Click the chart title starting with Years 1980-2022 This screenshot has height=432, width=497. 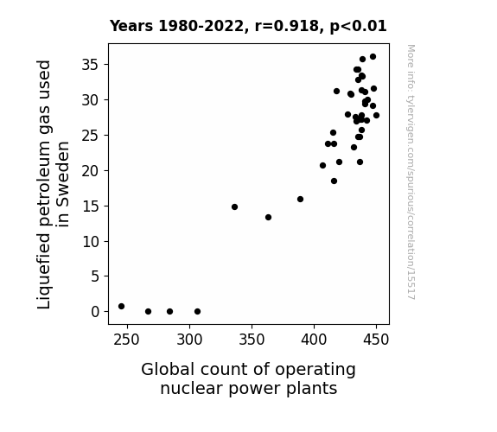pyautogui.click(x=248, y=26)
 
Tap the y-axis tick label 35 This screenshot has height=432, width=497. pyautogui.click(x=91, y=65)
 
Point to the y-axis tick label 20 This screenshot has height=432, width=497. pyautogui.click(x=91, y=171)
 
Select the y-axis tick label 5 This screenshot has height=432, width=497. pyautogui.click(x=95, y=276)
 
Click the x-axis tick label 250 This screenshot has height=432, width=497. pyautogui.click(x=127, y=340)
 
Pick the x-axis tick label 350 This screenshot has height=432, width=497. pyautogui.click(x=252, y=340)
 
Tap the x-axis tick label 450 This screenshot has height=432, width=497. pyautogui.click(x=376, y=340)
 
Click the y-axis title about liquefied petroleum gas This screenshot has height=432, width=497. pyautogui.click(x=53, y=184)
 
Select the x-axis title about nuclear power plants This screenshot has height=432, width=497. pyautogui.click(x=249, y=378)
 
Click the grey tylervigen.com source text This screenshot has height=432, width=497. pyautogui.click(x=411, y=172)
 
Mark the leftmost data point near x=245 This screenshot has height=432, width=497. pyautogui.click(x=121, y=307)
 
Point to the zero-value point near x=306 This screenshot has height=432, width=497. pyautogui.click(x=197, y=312)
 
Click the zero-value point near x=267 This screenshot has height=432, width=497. pyautogui.click(x=148, y=312)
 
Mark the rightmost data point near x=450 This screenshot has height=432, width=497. pyautogui.click(x=376, y=116)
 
